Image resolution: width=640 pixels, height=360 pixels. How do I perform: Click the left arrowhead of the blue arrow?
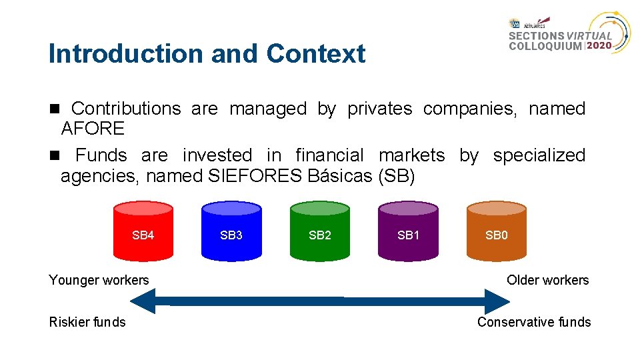pos(142,301)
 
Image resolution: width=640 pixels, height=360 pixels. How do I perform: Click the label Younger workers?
pos(99,280)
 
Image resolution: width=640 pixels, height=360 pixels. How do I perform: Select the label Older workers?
pos(547,280)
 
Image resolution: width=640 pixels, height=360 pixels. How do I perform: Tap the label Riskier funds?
pos(87,322)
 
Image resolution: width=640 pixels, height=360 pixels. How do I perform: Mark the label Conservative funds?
pos(534,322)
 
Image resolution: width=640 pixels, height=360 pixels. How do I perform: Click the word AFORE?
pos(93,128)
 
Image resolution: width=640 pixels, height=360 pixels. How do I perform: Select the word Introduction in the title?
pos(127,54)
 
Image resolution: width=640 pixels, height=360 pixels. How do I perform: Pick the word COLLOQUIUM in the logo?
pos(545,47)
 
